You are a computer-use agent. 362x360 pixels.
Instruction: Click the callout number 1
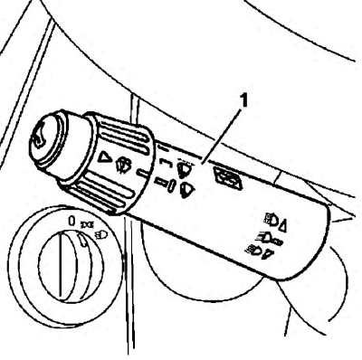pos(243,100)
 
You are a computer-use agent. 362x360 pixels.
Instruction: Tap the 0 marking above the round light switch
pos(71,221)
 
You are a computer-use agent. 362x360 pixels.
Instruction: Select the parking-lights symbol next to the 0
pos(88,224)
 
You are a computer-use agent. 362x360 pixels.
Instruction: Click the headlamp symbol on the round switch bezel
pos(100,234)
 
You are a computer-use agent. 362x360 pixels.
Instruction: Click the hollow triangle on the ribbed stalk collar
pos(103,156)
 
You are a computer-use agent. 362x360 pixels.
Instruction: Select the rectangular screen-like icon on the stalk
pos(228,178)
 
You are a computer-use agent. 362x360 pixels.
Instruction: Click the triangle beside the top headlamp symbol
pos(282,226)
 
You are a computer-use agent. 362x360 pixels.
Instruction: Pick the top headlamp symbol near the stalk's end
pos(271,220)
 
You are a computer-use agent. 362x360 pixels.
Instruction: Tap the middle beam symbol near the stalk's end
pos(269,238)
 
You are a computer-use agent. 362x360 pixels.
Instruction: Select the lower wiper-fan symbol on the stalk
pos(187,191)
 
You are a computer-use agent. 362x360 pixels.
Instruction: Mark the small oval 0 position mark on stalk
pos(171,185)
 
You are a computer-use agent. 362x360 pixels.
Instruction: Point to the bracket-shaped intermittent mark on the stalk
pos(166,162)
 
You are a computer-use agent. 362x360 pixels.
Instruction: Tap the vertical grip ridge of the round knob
pos(60,264)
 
